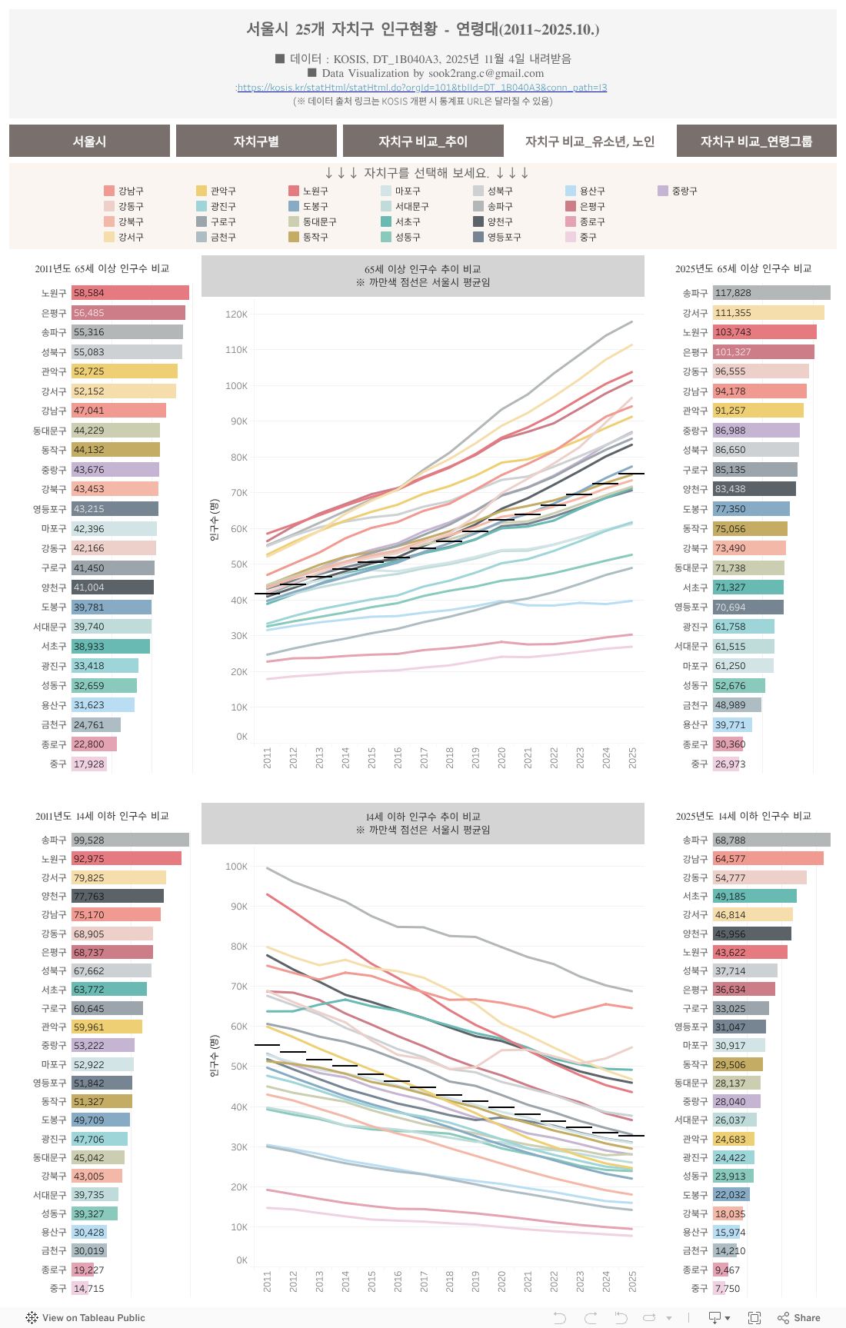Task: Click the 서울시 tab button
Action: click(89, 141)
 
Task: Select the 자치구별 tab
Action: click(256, 141)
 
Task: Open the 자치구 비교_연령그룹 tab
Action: click(756, 141)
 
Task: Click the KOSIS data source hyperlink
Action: click(422, 88)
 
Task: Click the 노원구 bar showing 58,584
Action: click(131, 293)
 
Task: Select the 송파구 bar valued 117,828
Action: click(771, 293)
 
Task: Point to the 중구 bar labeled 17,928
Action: click(89, 764)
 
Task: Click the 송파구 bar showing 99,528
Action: click(131, 840)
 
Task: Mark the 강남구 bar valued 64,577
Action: click(768, 859)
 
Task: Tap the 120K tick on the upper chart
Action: click(236, 315)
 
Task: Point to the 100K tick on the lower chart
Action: click(236, 867)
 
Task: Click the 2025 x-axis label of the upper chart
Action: click(632, 757)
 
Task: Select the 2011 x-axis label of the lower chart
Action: click(268, 1281)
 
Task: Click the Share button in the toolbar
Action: click(799, 1318)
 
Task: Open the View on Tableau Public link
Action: click(85, 1318)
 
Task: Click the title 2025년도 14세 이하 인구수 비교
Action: click(743, 816)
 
